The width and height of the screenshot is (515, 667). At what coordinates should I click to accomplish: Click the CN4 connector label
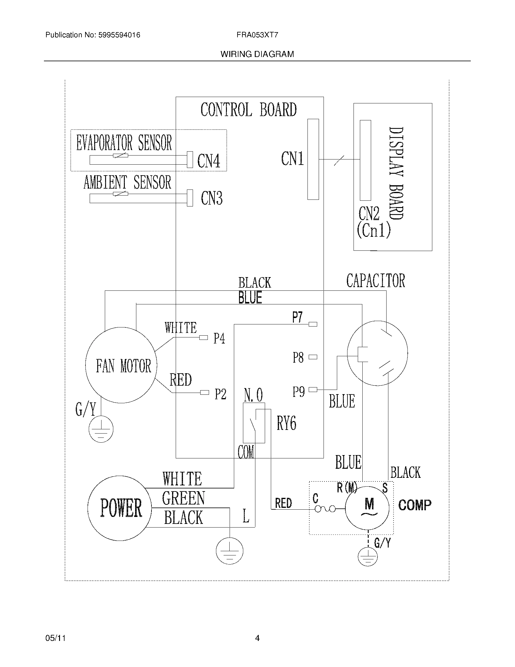pyautogui.click(x=209, y=161)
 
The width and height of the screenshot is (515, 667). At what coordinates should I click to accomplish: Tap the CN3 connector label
pyautogui.click(x=211, y=198)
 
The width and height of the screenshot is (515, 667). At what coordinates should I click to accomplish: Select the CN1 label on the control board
pyautogui.click(x=292, y=159)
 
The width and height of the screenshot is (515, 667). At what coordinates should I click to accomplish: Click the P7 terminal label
pyautogui.click(x=297, y=317)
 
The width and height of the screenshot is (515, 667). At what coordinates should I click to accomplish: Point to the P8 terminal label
pyautogui.click(x=298, y=357)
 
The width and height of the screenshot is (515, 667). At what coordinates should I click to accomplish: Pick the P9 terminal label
pyautogui.click(x=298, y=391)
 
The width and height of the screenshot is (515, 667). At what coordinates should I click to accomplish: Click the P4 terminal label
pyautogui.click(x=219, y=338)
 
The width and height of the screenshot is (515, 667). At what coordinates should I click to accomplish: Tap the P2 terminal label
pyautogui.click(x=220, y=394)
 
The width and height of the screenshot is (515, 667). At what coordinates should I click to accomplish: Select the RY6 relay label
pyautogui.click(x=286, y=423)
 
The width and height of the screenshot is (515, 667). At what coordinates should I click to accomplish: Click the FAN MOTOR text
pyautogui.click(x=124, y=366)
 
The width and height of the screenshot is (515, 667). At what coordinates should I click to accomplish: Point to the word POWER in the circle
pyautogui.click(x=121, y=508)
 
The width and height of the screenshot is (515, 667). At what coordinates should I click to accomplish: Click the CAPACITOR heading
pyautogui.click(x=376, y=281)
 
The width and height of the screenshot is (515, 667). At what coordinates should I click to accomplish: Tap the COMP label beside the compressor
pyautogui.click(x=415, y=505)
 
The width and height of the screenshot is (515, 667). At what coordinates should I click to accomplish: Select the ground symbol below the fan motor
pyautogui.click(x=101, y=429)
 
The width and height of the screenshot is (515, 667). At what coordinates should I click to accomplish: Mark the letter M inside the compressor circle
pyautogui.click(x=369, y=503)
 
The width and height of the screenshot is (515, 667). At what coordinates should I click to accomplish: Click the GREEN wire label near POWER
pyautogui.click(x=183, y=498)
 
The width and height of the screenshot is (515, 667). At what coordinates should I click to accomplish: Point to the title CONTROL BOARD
pyautogui.click(x=248, y=110)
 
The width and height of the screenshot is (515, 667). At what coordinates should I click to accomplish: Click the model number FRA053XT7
pyautogui.click(x=257, y=35)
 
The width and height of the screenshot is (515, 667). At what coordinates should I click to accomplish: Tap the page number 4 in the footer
pyautogui.click(x=257, y=638)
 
